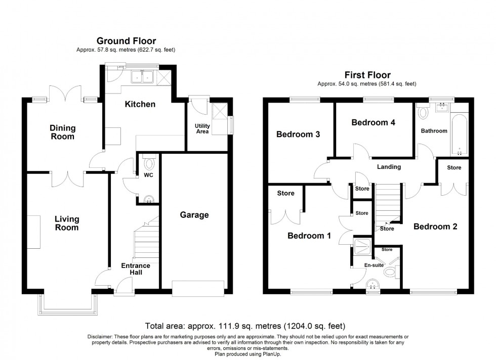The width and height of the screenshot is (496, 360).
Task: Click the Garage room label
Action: click(x=194, y=215)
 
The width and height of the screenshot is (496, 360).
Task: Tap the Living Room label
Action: click(x=67, y=223)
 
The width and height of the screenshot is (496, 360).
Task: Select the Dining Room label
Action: click(x=62, y=132)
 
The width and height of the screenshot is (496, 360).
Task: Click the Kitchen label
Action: click(x=140, y=104)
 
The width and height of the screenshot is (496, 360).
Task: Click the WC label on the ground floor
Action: click(x=148, y=175)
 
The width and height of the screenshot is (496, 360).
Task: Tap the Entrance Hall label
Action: click(x=135, y=269)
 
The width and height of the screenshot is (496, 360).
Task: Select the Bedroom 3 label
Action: click(x=298, y=134)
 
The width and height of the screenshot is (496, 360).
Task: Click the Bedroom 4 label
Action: click(x=373, y=122)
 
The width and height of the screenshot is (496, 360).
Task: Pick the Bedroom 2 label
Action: click(x=435, y=227)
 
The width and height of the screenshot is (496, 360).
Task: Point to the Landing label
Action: click(x=389, y=167)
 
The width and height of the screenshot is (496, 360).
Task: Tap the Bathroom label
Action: click(x=434, y=131)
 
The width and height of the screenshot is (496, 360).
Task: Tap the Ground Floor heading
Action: click(x=126, y=41)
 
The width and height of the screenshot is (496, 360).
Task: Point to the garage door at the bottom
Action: click(x=198, y=288)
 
